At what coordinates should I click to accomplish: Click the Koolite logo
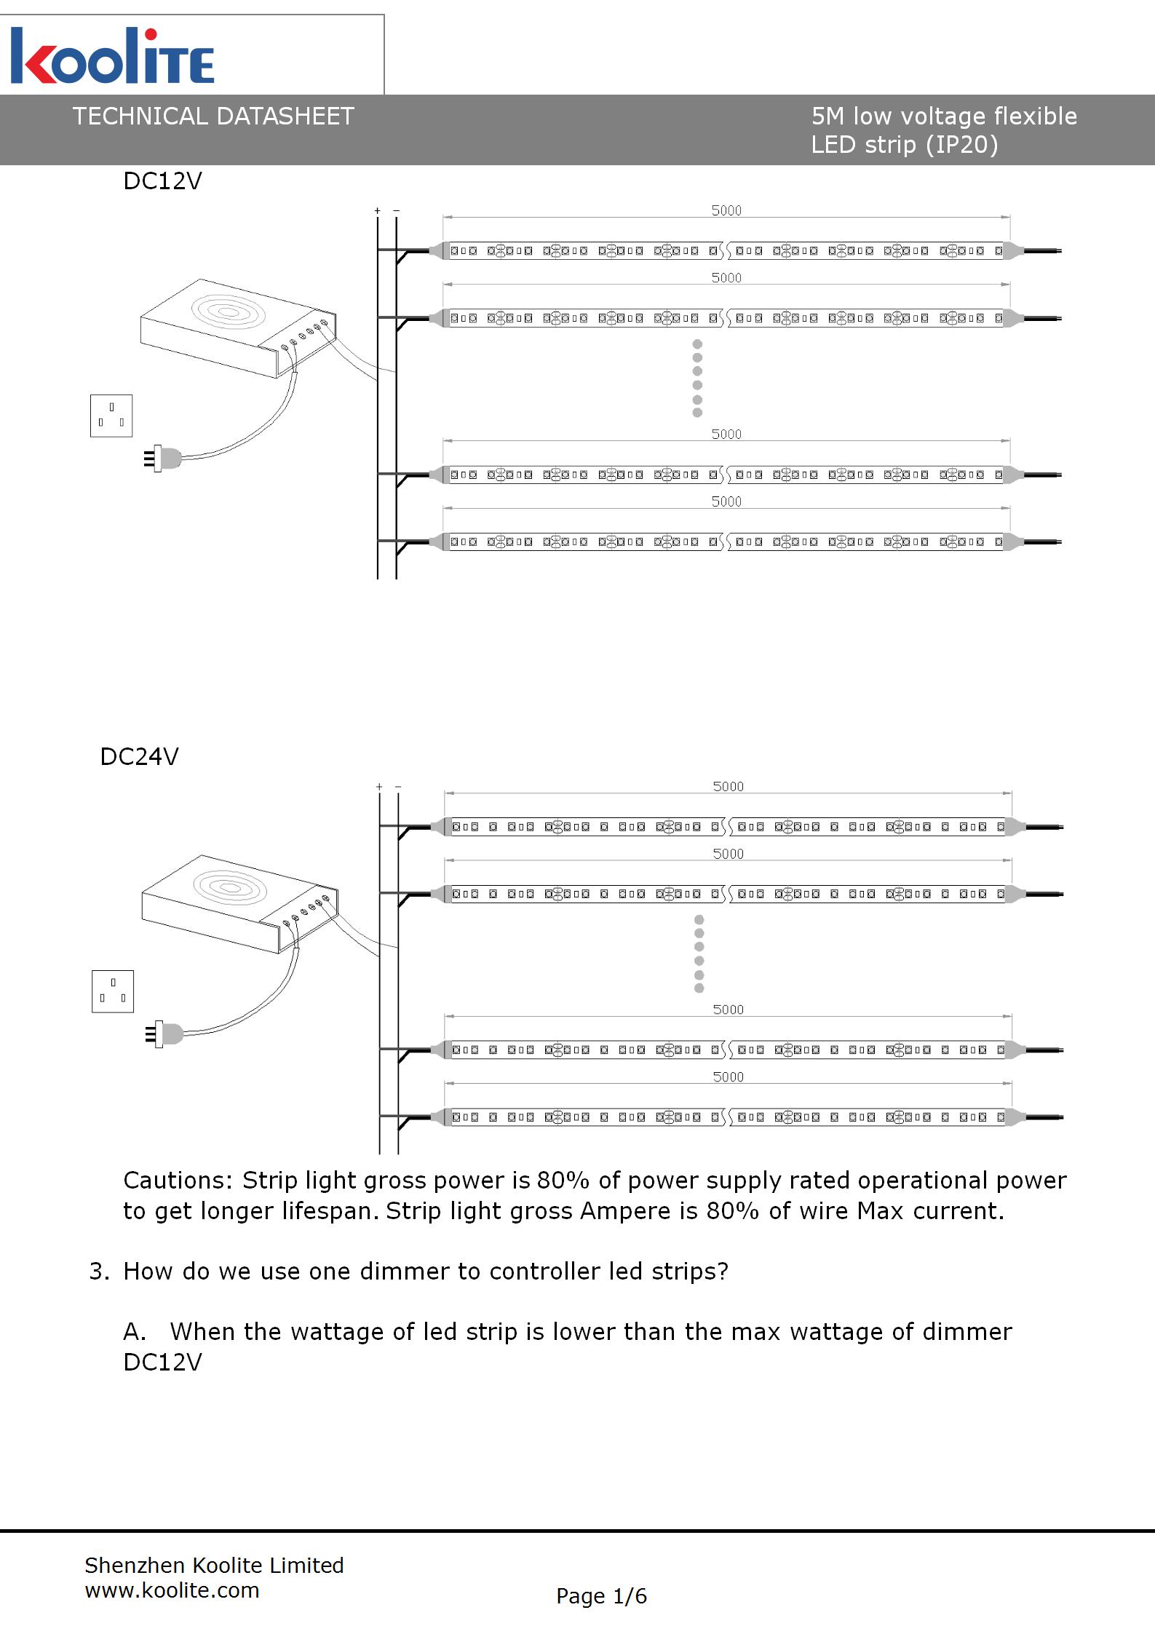113,57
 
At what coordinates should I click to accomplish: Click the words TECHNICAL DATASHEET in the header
213,116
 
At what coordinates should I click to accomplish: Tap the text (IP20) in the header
962,145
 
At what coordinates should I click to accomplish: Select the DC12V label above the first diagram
162,181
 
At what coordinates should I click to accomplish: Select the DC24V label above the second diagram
139,757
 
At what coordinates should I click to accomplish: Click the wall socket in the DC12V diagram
111,416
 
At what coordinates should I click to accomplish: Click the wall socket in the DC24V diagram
113,991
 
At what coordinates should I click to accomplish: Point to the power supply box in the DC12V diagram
233,328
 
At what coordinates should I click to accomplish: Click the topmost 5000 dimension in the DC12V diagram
726,211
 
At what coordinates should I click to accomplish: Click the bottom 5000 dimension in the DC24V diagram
728,1077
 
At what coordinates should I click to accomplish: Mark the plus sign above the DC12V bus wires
377,211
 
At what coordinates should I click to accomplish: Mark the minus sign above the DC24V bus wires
398,787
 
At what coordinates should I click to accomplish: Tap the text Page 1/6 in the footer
601,1596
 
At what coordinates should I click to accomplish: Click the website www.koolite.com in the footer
172,1590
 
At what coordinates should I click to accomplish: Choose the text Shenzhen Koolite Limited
214,1566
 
